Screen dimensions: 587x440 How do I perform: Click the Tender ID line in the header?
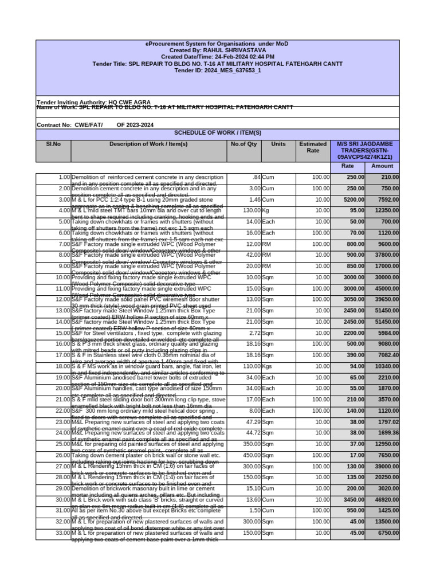tap(218, 71)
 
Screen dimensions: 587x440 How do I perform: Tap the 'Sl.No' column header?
tap(53, 144)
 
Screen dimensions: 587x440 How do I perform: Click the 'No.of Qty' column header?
tap(244, 144)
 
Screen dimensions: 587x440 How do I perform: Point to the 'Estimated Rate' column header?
tap(313, 147)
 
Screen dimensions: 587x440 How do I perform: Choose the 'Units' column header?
tap(278, 144)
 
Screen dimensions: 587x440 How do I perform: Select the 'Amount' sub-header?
tap(382, 166)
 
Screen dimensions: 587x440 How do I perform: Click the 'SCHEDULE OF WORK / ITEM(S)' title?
tap(218, 133)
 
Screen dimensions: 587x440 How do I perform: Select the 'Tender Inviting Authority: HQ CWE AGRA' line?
tap(93, 101)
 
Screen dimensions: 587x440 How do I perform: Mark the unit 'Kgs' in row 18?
tap(268, 366)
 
